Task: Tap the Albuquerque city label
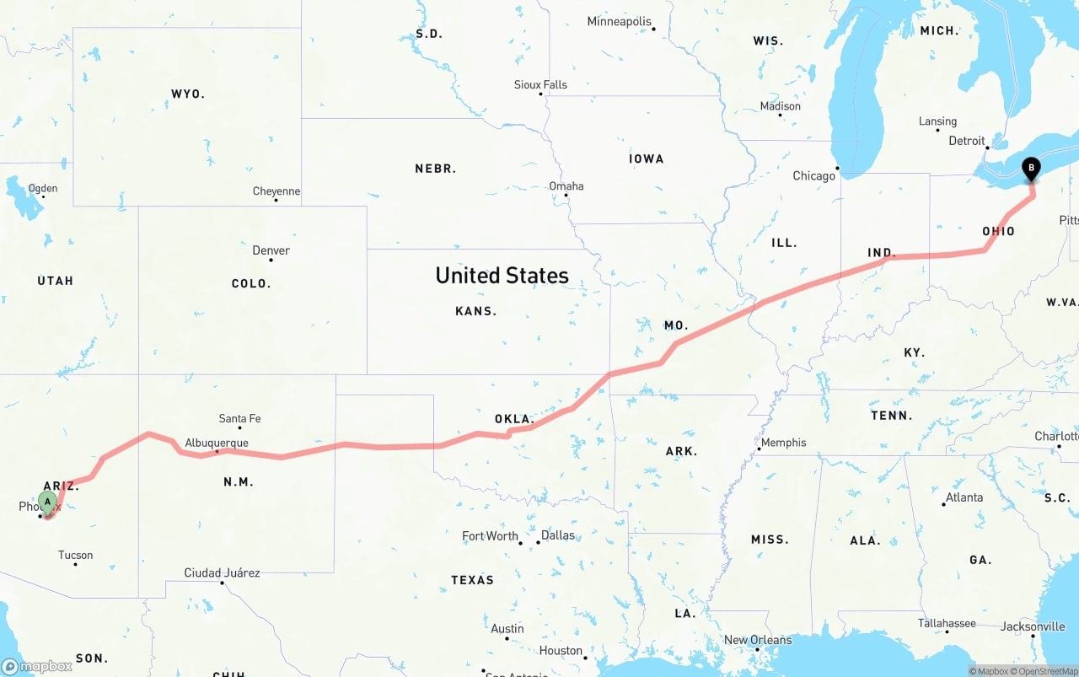point(217,443)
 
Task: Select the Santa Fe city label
point(239,418)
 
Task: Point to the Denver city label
point(271,250)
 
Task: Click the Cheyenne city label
point(276,191)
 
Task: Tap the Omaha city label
point(566,186)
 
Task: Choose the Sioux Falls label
point(540,84)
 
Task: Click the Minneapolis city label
point(620,21)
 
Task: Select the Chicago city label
point(813,176)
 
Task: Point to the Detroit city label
point(967,141)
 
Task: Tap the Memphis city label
point(783,443)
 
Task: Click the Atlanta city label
point(964,497)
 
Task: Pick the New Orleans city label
point(758,640)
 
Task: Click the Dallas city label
point(557,535)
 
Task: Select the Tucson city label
point(76,555)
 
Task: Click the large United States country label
point(502,275)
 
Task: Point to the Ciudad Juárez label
point(222,573)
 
